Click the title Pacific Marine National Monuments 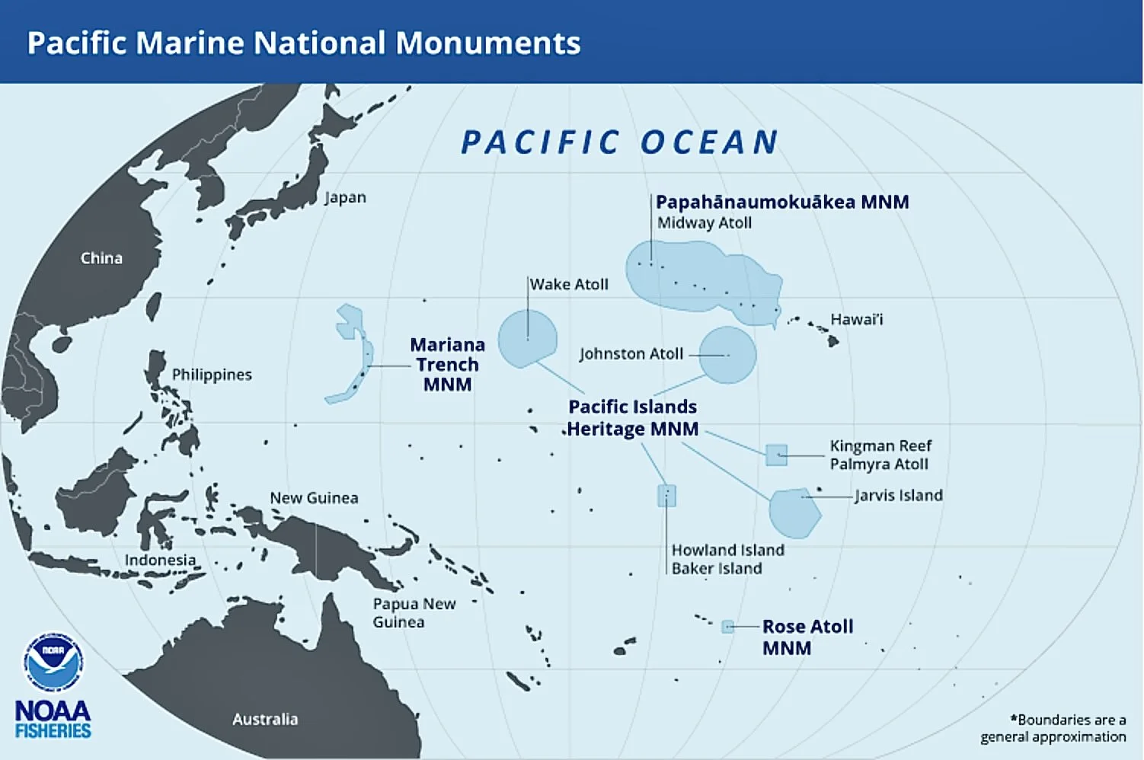click(304, 43)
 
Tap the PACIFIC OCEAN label click(620, 142)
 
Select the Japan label click(345, 197)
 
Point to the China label click(101, 258)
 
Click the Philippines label click(212, 375)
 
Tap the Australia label click(265, 719)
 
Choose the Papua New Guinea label click(414, 612)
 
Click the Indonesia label click(160, 560)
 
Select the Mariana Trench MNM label click(447, 365)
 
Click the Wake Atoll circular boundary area click(527, 338)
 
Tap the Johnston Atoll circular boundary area click(727, 355)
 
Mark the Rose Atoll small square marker click(728, 627)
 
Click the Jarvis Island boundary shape click(794, 513)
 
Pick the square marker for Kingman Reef click(776, 455)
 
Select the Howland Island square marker click(666, 496)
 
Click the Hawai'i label click(856, 319)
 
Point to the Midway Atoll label click(705, 223)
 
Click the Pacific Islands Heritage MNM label click(632, 418)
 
